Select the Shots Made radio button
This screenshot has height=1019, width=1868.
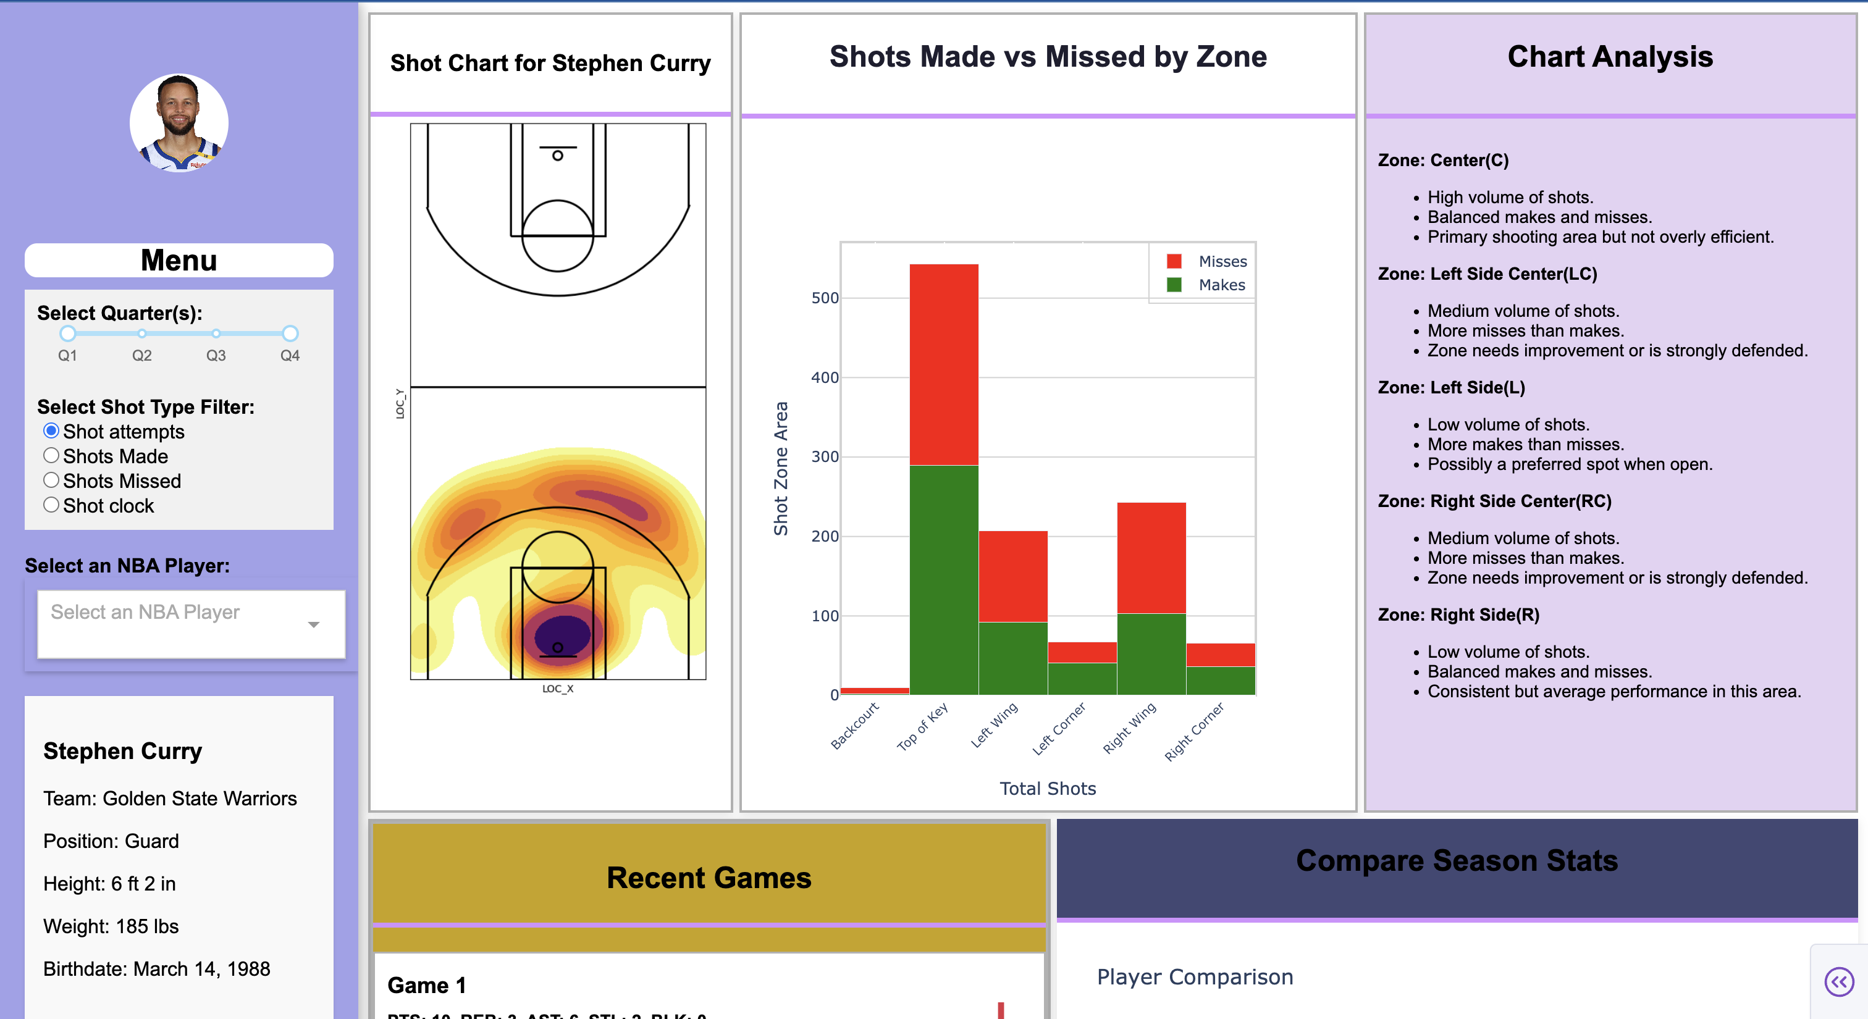point(51,456)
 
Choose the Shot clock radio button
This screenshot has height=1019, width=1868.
point(51,505)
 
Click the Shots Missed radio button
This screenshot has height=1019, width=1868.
point(51,480)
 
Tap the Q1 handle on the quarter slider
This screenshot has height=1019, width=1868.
point(67,333)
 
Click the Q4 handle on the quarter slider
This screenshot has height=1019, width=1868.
point(290,333)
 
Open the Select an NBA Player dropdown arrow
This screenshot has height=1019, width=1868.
point(313,624)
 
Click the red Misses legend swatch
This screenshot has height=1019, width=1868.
point(1174,261)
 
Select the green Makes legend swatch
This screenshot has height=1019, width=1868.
point(1174,285)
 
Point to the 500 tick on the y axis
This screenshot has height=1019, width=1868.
point(825,298)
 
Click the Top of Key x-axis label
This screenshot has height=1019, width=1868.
point(922,726)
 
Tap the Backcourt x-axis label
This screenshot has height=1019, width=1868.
point(854,726)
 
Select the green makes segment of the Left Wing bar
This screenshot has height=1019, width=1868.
point(1012,658)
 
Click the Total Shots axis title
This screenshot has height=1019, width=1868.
point(1047,789)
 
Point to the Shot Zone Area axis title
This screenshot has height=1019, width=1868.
point(781,468)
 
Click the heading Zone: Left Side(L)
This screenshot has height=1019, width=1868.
point(1451,388)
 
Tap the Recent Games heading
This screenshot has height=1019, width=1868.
point(709,878)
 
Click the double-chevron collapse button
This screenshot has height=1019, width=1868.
point(1838,982)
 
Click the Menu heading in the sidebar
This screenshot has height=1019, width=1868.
point(179,260)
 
